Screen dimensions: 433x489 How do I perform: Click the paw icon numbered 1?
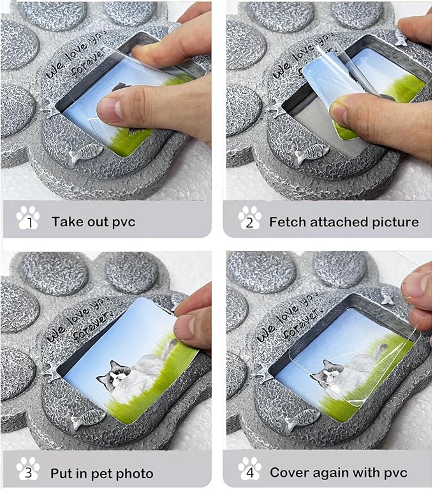click(x=28, y=217)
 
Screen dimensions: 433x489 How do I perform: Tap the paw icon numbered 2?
click(x=249, y=217)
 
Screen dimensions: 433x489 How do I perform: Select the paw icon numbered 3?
click(x=28, y=469)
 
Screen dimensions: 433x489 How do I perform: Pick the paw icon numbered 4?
click(x=249, y=469)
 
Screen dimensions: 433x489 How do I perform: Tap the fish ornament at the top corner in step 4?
click(x=386, y=295)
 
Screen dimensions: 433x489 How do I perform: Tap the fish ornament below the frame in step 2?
click(x=312, y=154)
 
